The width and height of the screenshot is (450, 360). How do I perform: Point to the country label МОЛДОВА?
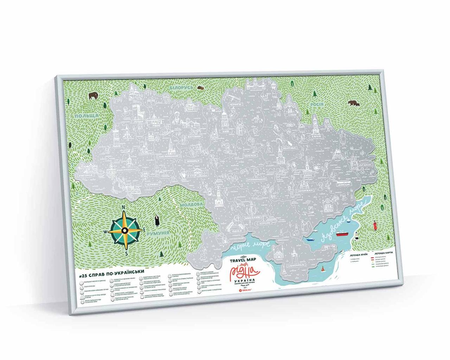click(x=191, y=205)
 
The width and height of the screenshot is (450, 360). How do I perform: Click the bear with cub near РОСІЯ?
click(x=353, y=103)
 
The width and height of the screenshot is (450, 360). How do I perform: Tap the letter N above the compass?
click(x=124, y=208)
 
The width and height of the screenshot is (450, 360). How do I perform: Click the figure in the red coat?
click(x=375, y=225)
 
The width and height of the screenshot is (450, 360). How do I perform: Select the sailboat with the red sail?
click(x=322, y=270)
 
